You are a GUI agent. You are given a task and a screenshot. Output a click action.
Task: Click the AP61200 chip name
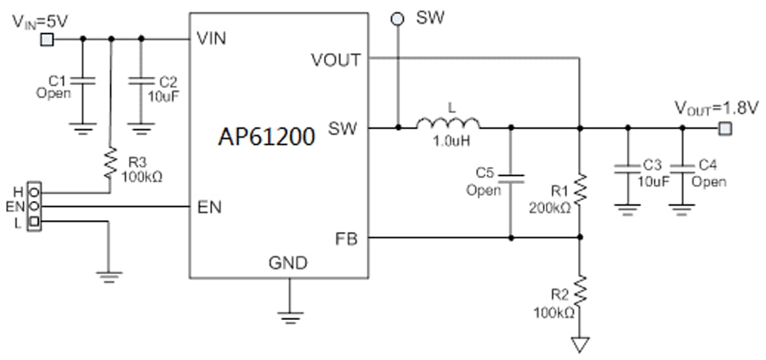coord(267,136)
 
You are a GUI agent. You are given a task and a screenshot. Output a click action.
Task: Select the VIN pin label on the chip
coord(211,39)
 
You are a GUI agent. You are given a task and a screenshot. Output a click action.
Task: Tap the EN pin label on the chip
coord(209,208)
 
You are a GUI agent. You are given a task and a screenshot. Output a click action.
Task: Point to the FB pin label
coord(346,239)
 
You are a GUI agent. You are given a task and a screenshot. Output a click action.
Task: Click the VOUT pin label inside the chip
coord(336,60)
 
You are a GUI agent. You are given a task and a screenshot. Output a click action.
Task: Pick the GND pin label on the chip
coord(288,263)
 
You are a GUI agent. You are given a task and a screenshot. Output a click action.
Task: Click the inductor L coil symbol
coord(447,123)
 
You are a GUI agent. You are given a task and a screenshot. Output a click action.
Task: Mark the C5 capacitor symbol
coord(511,177)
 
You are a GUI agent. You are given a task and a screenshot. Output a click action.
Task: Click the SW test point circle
coord(397,19)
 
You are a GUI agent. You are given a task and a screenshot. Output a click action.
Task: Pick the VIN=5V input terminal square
coord(47,39)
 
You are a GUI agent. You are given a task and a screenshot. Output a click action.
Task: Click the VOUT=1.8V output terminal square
coord(724,128)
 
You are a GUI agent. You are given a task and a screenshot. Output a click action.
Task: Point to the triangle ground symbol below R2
coord(580,343)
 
